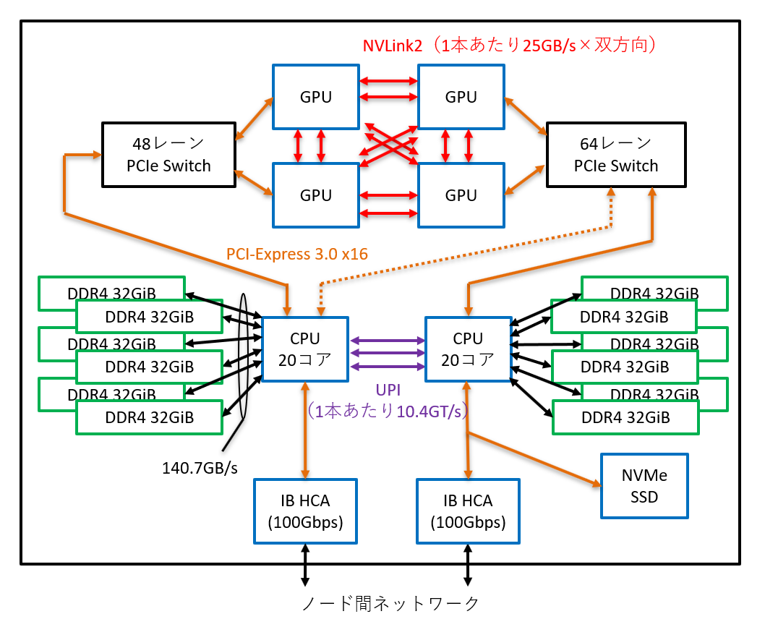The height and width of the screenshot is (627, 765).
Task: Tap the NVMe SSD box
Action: click(x=644, y=486)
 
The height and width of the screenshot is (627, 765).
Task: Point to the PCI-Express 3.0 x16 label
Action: click(x=297, y=254)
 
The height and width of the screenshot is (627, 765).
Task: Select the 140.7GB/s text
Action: click(x=200, y=467)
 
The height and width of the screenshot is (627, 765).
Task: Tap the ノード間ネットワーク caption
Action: click(x=390, y=602)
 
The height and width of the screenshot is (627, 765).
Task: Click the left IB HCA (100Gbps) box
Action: click(x=305, y=511)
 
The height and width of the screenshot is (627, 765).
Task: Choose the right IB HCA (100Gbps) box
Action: click(x=468, y=511)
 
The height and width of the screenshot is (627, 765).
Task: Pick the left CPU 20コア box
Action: click(x=305, y=349)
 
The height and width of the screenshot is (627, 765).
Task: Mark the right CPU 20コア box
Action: click(x=468, y=349)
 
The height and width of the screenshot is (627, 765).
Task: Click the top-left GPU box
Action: click(x=316, y=97)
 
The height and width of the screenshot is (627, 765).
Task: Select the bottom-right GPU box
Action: click(x=461, y=195)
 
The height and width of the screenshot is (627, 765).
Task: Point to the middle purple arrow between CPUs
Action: click(x=387, y=353)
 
